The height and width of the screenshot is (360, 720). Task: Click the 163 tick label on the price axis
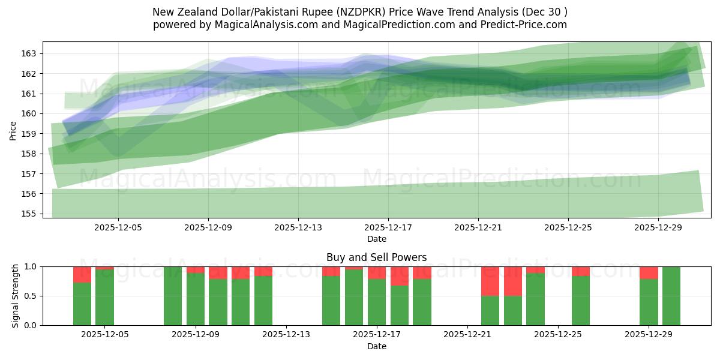coord(29,53)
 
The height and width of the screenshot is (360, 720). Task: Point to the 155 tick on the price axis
coord(29,214)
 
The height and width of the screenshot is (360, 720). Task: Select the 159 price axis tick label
coord(29,134)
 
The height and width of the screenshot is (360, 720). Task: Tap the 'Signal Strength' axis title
coord(16,296)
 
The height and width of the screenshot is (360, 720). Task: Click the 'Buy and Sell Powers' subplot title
coord(376,257)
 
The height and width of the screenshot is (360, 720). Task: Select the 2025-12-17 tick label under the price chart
coord(388,228)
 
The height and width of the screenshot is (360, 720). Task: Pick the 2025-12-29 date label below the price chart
coord(658,228)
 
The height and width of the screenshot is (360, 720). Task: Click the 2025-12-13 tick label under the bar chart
coord(286,334)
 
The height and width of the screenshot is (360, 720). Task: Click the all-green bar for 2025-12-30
coord(671,296)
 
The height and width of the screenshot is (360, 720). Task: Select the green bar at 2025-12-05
coord(105,298)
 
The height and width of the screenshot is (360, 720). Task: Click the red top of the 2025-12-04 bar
coord(82,274)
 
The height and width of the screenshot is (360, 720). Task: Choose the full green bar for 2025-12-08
coord(173,296)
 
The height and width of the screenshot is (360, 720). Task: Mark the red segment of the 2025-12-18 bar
coord(400,276)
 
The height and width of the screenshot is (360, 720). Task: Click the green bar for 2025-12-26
coord(581,301)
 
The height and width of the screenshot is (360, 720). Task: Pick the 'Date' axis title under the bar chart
coord(376,346)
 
